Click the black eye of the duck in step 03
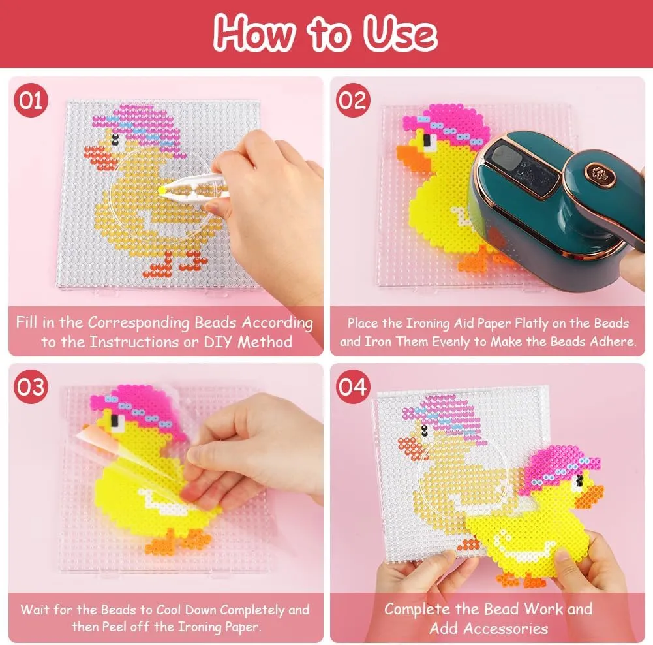click(119, 425)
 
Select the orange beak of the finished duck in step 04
click(594, 492)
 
